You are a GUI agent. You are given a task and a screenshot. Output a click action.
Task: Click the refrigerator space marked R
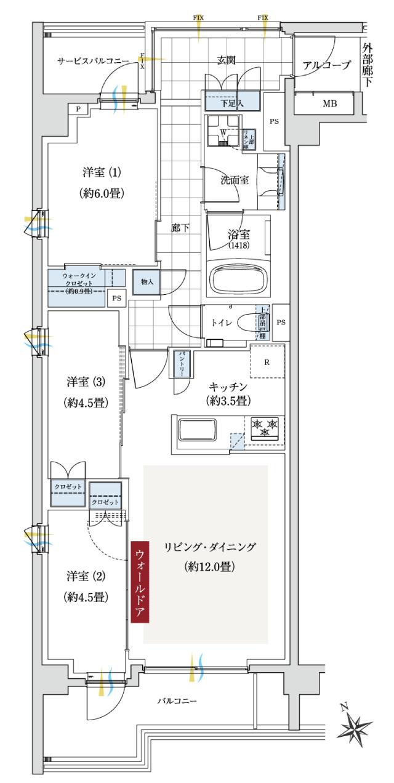(267, 361)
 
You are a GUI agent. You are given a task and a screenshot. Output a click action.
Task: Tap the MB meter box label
(329, 103)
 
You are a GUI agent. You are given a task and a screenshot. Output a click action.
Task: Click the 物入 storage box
(147, 281)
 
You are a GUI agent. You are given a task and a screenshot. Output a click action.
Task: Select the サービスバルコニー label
(93, 62)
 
